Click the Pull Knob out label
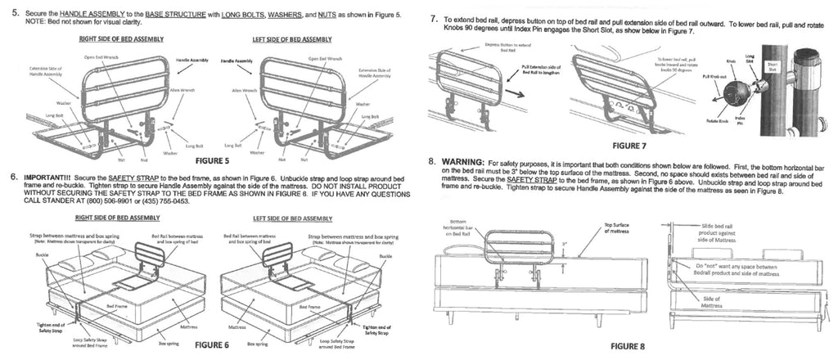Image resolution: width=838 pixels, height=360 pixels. pyautogui.click(x=711, y=76)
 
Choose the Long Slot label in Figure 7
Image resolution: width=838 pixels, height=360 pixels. pyautogui.click(x=750, y=58)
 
